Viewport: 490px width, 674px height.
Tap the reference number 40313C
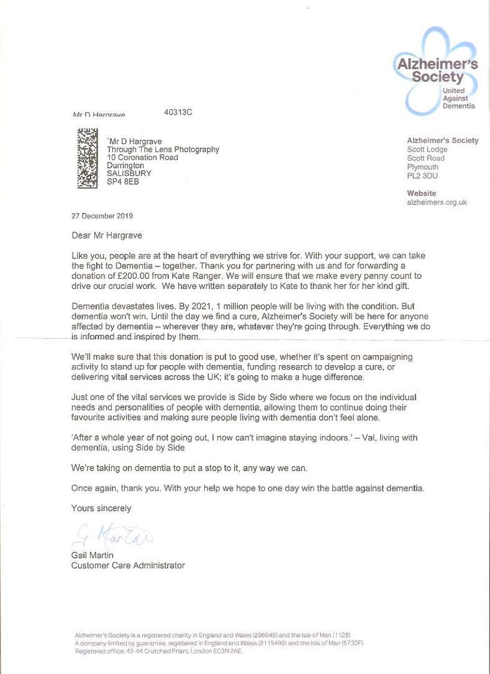coord(178,112)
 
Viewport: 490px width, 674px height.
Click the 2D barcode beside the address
coord(87,158)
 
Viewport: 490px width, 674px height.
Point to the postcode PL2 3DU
coord(423,176)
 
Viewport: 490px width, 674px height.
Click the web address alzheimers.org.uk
coord(437,202)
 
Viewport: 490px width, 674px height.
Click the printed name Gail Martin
coord(94,555)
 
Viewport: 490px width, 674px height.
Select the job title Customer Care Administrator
coord(128,565)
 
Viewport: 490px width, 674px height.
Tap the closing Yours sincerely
coord(101,508)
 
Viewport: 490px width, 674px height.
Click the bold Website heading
coord(422,193)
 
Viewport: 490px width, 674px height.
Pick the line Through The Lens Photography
coord(163,150)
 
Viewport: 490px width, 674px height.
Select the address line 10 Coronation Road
coord(142,158)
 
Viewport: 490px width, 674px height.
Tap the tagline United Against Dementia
coord(458,99)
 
